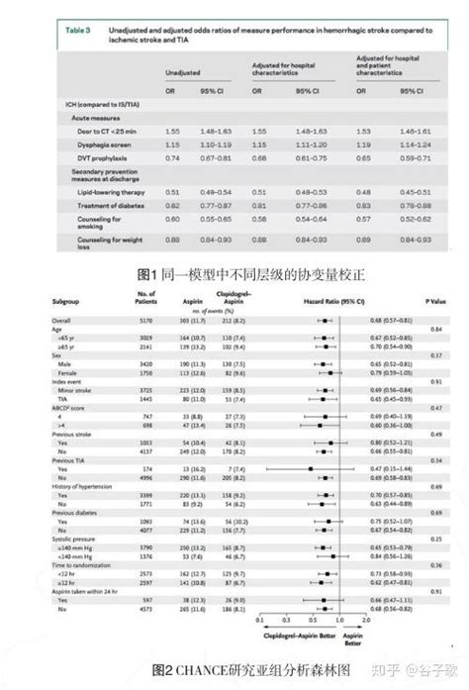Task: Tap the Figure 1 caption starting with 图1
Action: coord(234,273)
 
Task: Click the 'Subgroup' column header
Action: coord(66,298)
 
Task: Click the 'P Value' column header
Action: coord(435,298)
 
